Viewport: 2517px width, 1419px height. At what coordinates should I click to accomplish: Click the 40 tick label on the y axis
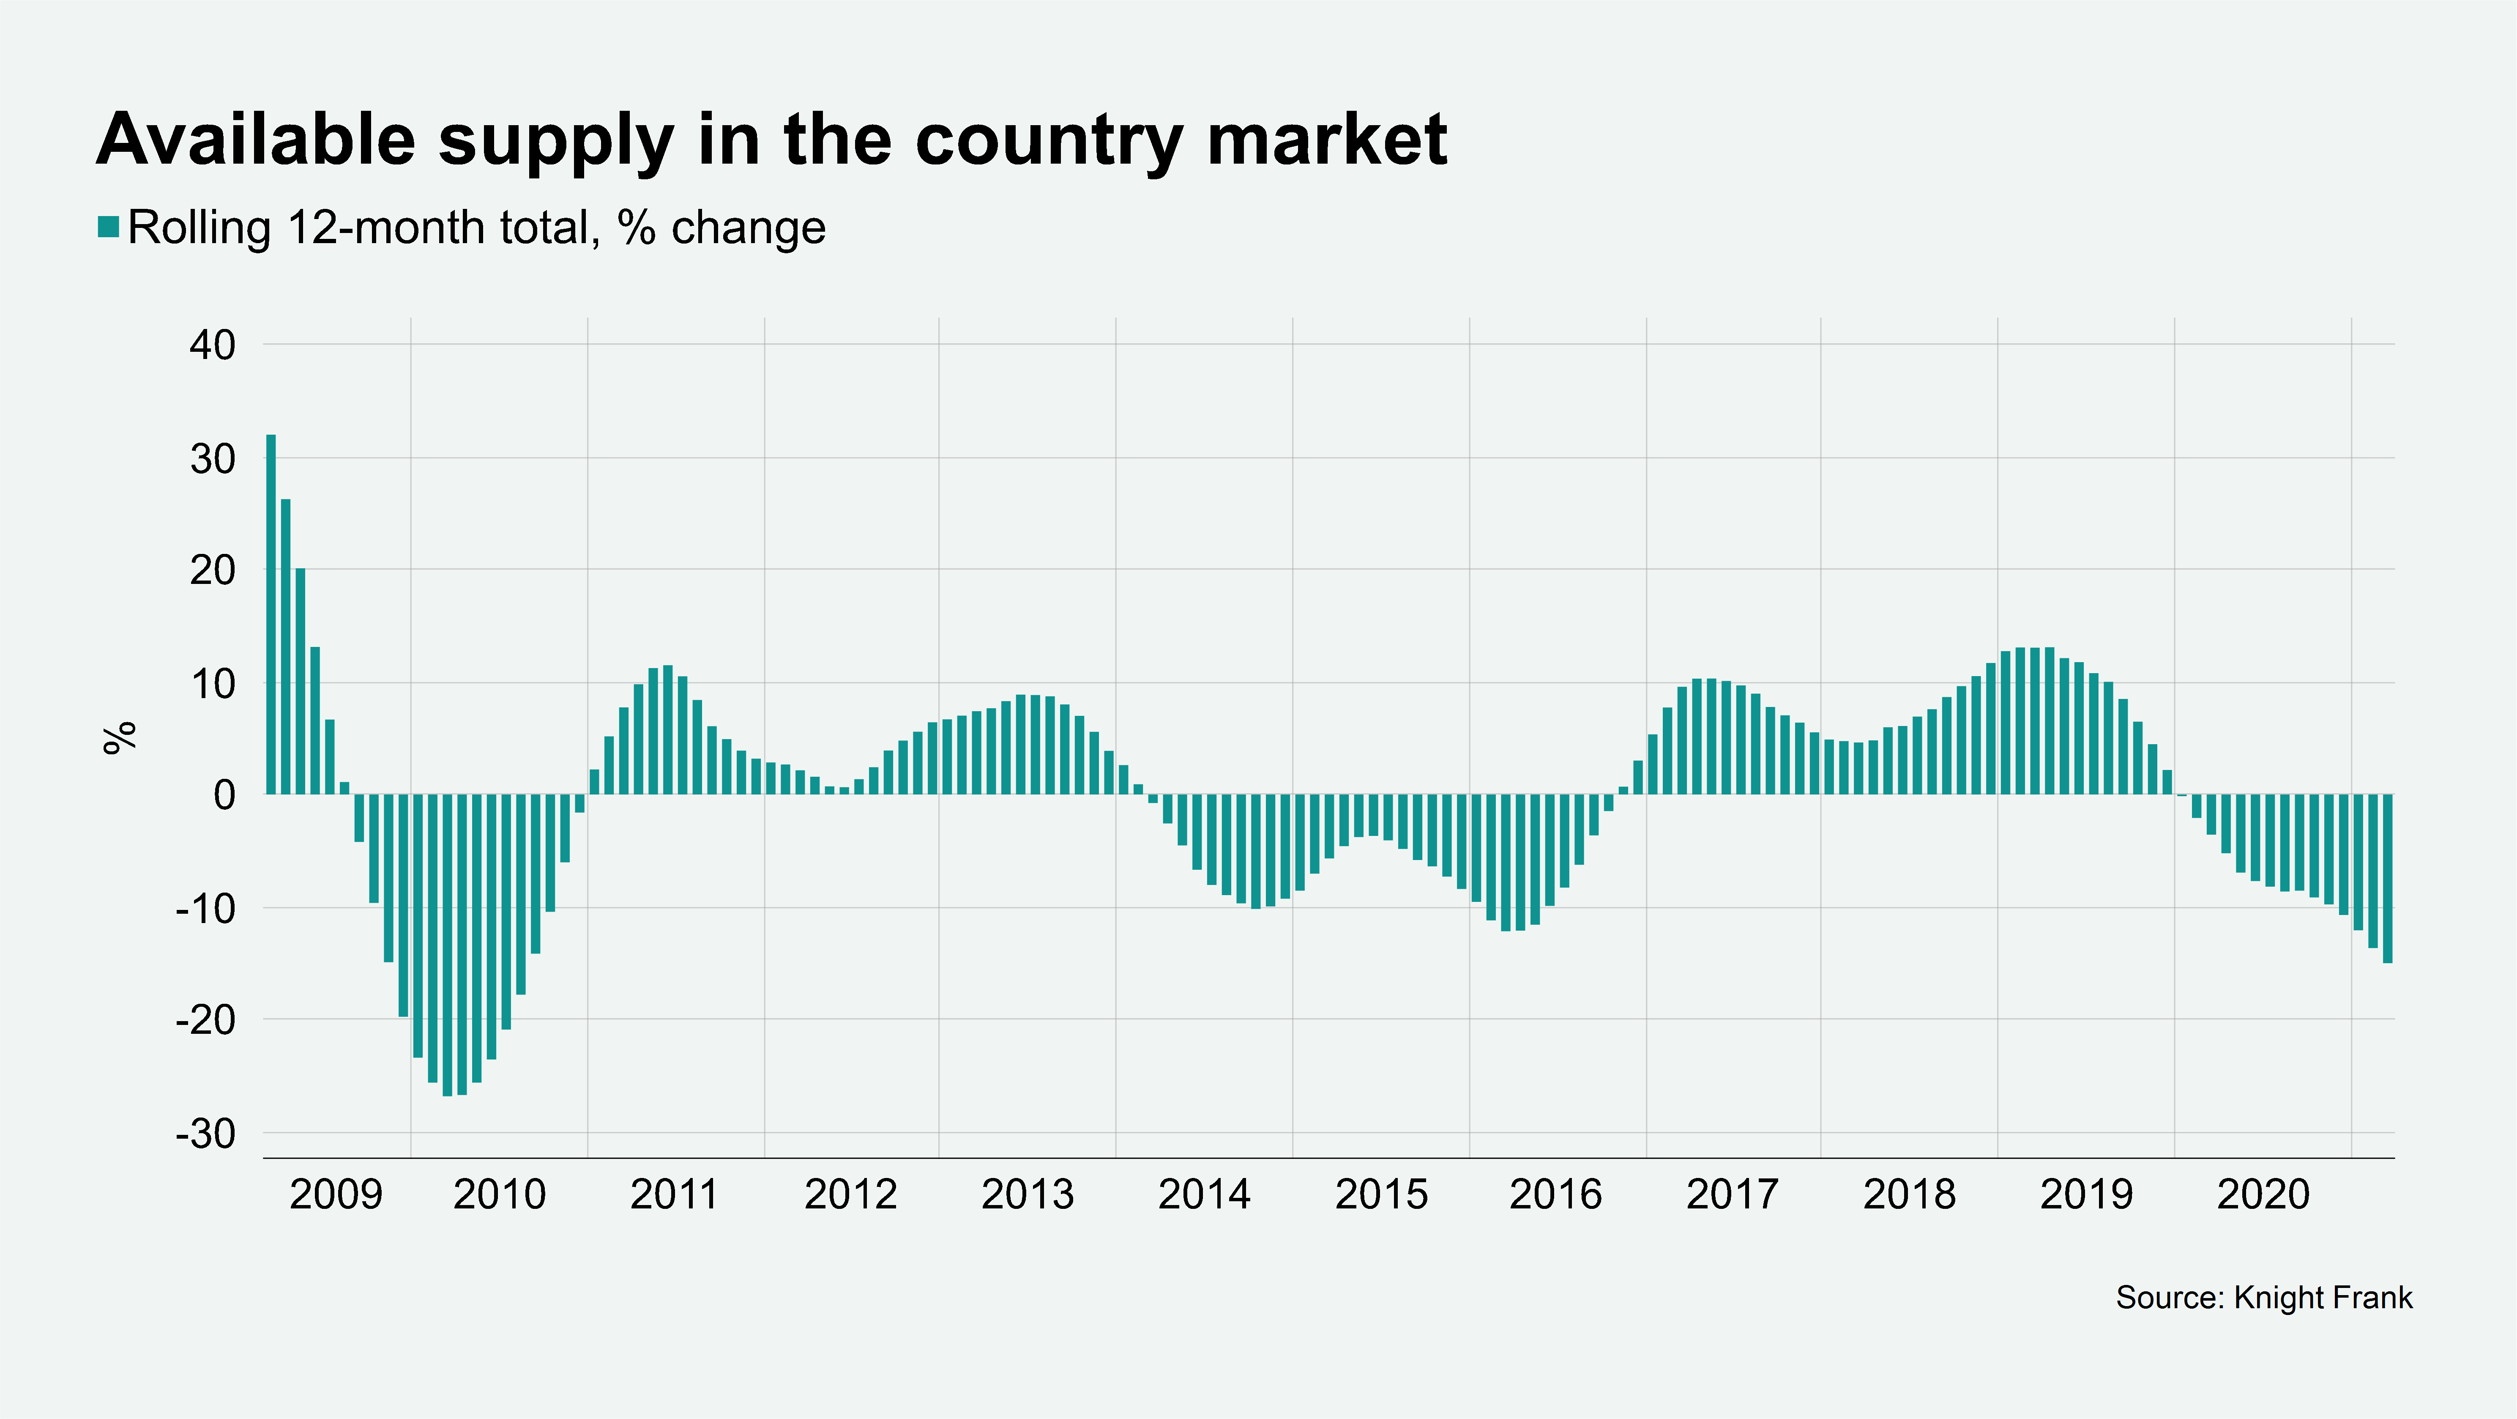(213, 345)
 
